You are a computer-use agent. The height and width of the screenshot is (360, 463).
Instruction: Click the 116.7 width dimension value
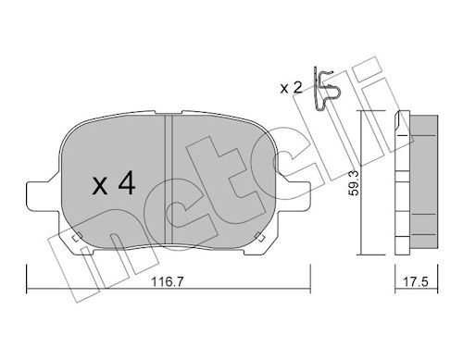(x=168, y=281)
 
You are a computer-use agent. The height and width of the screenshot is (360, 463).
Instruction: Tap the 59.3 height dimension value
(x=354, y=183)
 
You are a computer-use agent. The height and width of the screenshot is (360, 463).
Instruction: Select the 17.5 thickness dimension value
(x=416, y=281)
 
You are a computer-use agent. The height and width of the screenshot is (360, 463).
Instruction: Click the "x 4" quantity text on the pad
(x=114, y=183)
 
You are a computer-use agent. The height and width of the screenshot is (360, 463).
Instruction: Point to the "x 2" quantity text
(x=291, y=88)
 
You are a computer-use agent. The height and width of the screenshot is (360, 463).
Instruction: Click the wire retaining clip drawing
(x=326, y=89)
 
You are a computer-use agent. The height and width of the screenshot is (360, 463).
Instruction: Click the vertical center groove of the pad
(x=169, y=179)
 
